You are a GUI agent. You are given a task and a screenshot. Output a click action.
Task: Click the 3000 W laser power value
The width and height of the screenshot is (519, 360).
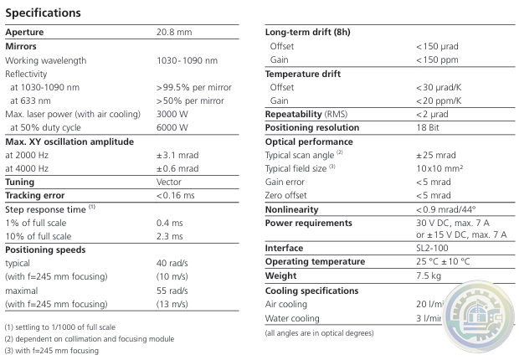click(x=173, y=114)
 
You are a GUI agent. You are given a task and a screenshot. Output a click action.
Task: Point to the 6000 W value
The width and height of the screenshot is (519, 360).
click(x=173, y=127)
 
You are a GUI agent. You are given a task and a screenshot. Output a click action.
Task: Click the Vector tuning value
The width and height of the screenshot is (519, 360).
click(x=170, y=182)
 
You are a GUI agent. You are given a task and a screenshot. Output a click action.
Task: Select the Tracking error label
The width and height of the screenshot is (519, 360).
click(x=35, y=195)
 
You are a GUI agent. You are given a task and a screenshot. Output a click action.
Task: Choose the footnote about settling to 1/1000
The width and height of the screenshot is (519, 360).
click(x=61, y=326)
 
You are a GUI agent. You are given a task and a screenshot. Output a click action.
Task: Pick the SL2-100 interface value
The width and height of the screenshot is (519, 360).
click(x=434, y=249)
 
